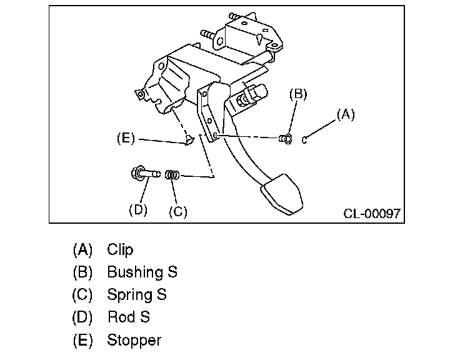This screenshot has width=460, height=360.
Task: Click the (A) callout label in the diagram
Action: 346,114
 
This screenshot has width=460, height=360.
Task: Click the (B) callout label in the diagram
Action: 298,94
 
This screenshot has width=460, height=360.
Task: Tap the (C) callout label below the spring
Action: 178,211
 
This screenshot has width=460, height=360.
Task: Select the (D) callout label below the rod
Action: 137,210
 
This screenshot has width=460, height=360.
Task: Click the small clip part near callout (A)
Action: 304,139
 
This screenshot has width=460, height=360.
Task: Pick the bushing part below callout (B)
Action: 286,138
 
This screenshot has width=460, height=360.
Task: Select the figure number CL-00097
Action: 372,214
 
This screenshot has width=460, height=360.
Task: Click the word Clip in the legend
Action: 120,250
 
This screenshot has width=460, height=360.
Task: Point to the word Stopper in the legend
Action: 134,340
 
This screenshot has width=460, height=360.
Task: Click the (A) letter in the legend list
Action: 82,250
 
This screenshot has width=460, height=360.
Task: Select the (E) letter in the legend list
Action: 82,340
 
